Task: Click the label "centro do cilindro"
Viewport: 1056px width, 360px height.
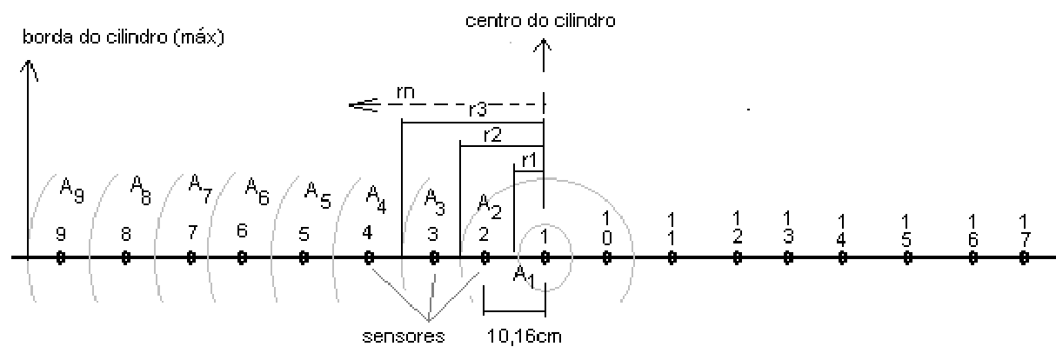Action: tap(540, 21)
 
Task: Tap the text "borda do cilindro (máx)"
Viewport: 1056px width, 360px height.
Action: tap(124, 37)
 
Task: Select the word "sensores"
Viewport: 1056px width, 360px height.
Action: tap(404, 336)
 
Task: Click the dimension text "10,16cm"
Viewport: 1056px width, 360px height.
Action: tap(525, 336)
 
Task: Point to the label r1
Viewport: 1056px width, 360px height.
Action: tap(529, 160)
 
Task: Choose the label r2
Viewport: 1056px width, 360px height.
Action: tap(492, 136)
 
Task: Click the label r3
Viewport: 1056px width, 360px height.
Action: tap(478, 110)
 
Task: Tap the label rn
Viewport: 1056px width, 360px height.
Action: tap(405, 92)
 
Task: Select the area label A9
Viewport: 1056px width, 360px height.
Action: tap(72, 190)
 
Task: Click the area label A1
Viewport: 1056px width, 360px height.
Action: tap(525, 277)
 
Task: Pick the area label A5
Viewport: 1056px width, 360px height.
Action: tap(317, 196)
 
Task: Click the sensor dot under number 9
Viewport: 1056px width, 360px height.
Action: tap(60, 257)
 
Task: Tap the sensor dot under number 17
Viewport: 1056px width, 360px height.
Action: tap(1024, 257)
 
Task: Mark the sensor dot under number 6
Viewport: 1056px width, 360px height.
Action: tap(242, 257)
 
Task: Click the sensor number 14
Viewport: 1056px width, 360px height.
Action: tap(841, 230)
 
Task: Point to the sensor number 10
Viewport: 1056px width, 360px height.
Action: tap(607, 229)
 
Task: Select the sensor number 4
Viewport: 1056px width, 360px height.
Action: tap(368, 233)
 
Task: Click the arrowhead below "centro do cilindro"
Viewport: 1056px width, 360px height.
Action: tap(543, 46)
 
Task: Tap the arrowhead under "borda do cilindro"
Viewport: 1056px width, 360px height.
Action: tap(29, 70)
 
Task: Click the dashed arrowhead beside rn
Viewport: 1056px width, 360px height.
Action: tap(364, 104)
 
